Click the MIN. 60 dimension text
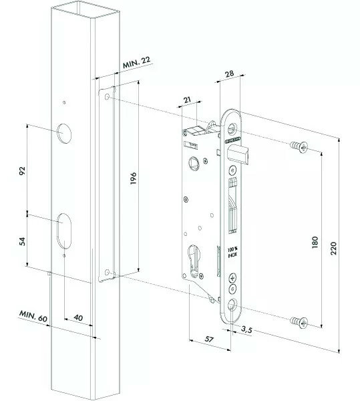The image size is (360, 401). [x=32, y=315]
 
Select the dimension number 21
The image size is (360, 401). [x=188, y=100]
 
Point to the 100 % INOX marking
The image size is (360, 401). [x=232, y=252]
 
